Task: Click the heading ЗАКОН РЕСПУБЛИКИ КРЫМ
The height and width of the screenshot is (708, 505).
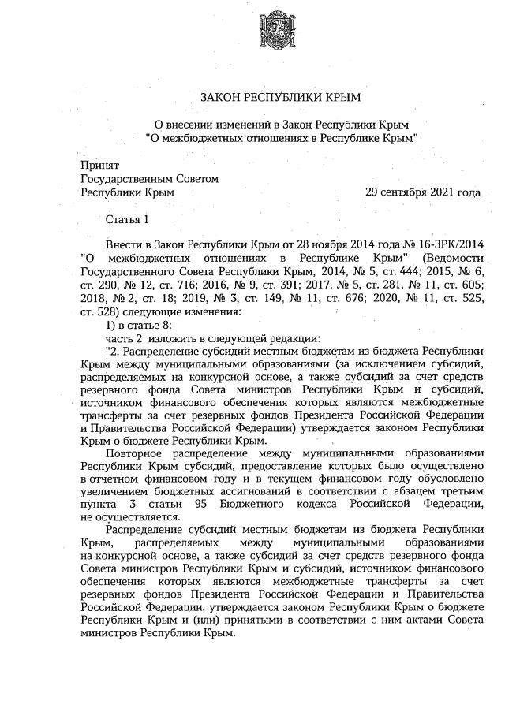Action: [281, 98]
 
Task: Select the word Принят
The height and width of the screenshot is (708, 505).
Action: [99, 166]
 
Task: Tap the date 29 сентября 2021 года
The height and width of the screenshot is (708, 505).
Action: [423, 192]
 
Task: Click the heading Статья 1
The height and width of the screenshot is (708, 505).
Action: [126, 218]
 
